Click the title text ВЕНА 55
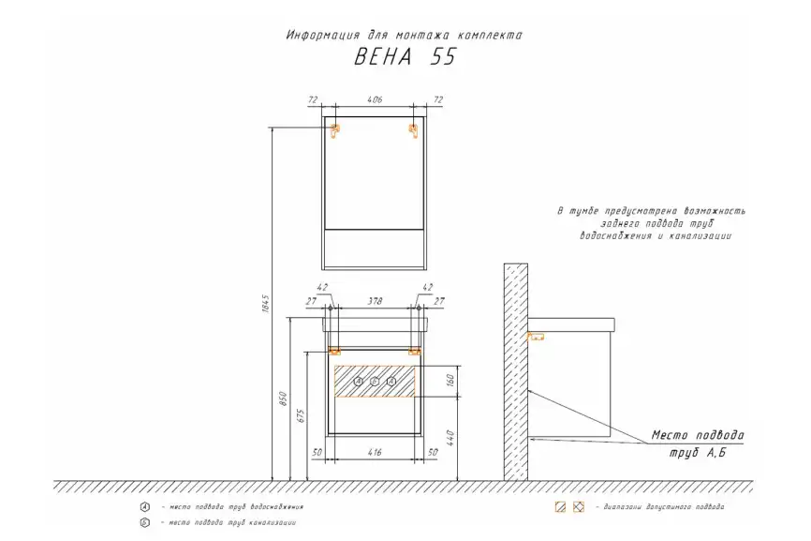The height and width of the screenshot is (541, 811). (x=405, y=56)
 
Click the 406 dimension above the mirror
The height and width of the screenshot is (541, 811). (x=375, y=98)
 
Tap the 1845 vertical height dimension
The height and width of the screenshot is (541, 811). (x=265, y=304)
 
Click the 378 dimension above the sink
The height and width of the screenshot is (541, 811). (x=374, y=301)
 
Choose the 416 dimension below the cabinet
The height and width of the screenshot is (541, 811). (x=375, y=453)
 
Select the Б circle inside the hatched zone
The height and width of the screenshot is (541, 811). (x=375, y=381)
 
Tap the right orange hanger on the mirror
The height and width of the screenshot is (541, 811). (x=413, y=130)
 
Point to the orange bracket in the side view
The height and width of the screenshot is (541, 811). (x=537, y=336)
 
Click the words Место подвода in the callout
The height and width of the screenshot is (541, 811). (x=698, y=436)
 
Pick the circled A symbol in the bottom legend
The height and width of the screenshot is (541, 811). (x=143, y=506)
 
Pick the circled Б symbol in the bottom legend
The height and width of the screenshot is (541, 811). (x=143, y=522)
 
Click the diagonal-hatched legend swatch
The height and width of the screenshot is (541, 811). (x=560, y=506)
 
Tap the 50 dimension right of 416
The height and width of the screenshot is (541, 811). (x=432, y=453)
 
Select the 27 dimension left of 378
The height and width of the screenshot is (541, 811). (x=310, y=301)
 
